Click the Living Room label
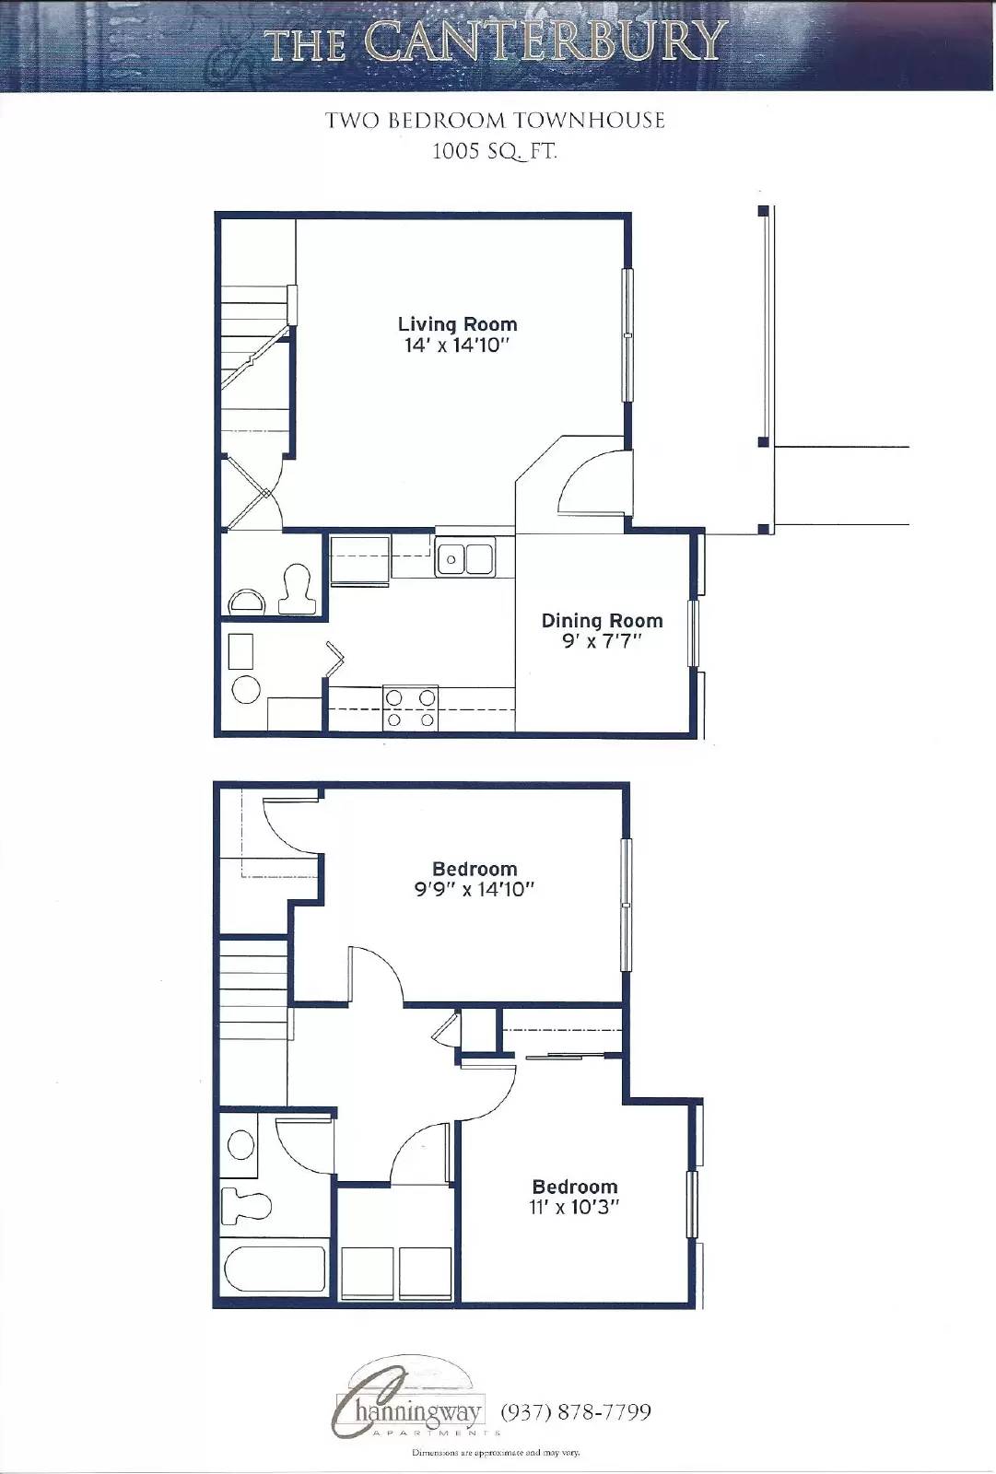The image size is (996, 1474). coord(457,324)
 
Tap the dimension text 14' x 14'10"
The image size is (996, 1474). coord(457,346)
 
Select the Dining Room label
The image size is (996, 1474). coord(602,621)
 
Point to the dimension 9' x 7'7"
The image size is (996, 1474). coord(602,641)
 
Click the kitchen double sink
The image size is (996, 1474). coord(465,559)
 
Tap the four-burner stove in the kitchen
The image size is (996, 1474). coord(410,709)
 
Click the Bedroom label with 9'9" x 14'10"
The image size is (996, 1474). coord(475,869)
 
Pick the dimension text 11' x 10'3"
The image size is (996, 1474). coord(574,1208)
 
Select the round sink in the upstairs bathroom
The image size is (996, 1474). coord(240,1145)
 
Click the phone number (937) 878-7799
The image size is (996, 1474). coord(576,1412)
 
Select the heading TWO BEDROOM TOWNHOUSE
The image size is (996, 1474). coord(495,121)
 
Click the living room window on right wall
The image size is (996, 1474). coord(628,335)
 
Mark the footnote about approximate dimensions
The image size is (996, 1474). coord(495,1453)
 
